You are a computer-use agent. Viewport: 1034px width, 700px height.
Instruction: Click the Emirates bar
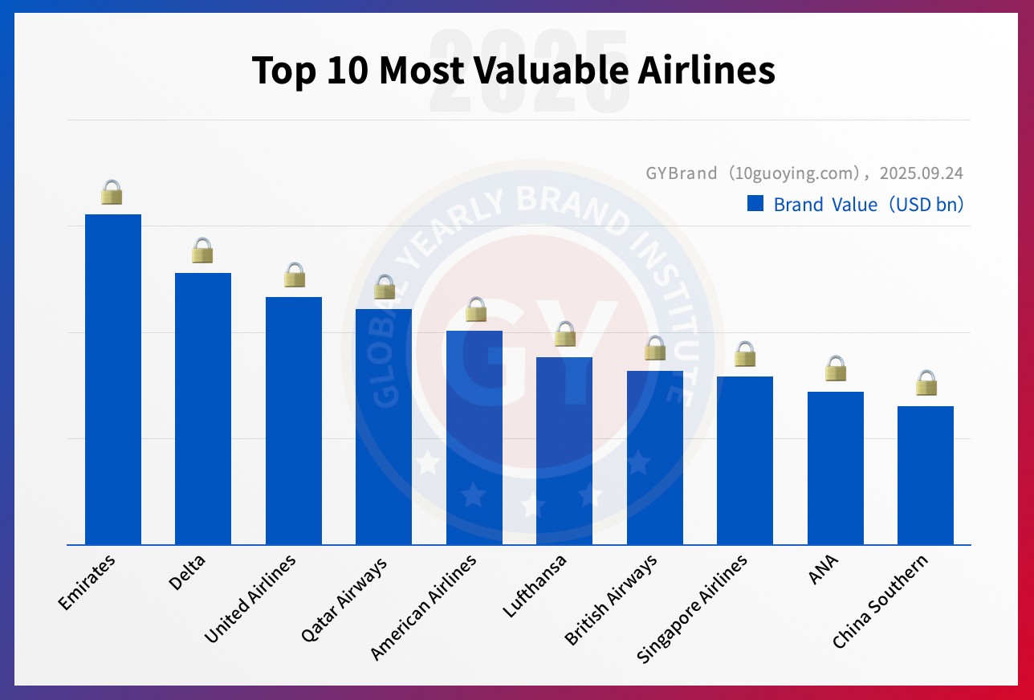click(x=113, y=379)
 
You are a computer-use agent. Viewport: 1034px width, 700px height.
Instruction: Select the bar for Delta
click(x=203, y=409)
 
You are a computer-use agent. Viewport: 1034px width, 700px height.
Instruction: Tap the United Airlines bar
click(x=294, y=421)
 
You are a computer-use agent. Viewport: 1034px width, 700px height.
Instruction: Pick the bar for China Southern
click(x=926, y=475)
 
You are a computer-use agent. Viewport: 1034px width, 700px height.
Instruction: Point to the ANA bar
click(x=836, y=468)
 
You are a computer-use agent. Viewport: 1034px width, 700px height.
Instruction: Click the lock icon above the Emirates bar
click(x=112, y=193)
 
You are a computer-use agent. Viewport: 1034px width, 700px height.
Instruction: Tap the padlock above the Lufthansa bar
click(x=565, y=334)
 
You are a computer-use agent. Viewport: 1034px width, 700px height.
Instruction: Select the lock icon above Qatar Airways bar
click(x=385, y=287)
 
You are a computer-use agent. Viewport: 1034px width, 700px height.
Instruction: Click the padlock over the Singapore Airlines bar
click(x=745, y=353)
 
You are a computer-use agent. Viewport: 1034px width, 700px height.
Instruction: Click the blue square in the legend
click(x=755, y=204)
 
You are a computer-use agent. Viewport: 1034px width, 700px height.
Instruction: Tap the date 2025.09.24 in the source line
click(x=921, y=173)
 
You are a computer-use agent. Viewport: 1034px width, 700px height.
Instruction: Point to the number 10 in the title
click(x=347, y=71)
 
